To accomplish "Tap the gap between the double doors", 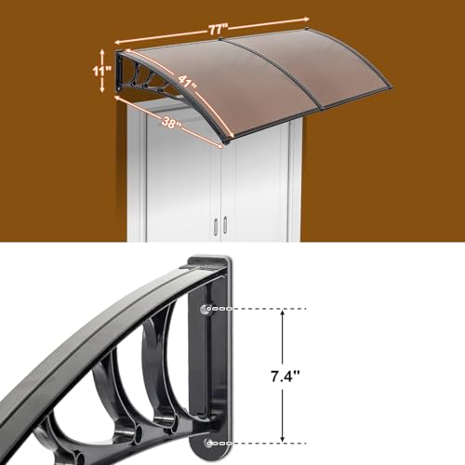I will (x=220, y=195).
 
